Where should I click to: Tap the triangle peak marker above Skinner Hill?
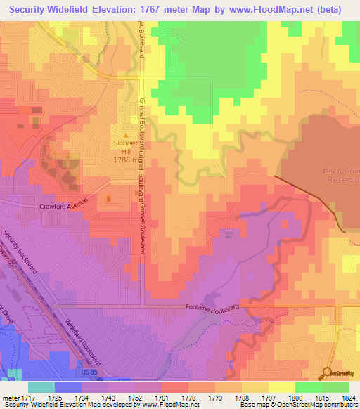pyautogui.click(x=127, y=136)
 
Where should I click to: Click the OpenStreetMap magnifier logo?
pyautogui.click(x=327, y=373)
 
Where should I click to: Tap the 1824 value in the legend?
pyautogui.click(x=348, y=398)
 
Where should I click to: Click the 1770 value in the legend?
pyautogui.click(x=187, y=398)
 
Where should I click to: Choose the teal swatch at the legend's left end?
pyautogui.click(x=41, y=387)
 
